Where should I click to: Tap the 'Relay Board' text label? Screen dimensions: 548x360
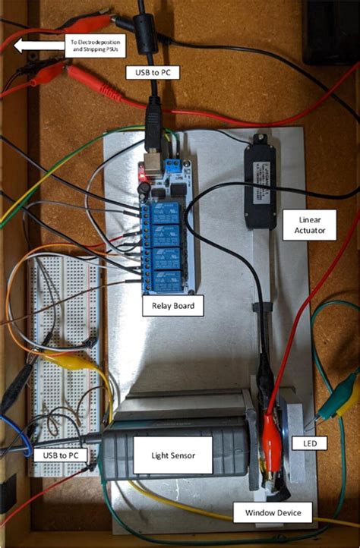(x=172, y=307)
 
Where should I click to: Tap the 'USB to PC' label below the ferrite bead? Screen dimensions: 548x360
(x=152, y=73)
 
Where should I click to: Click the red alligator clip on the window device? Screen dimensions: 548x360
(x=270, y=440)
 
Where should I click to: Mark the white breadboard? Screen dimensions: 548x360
(x=64, y=357)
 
